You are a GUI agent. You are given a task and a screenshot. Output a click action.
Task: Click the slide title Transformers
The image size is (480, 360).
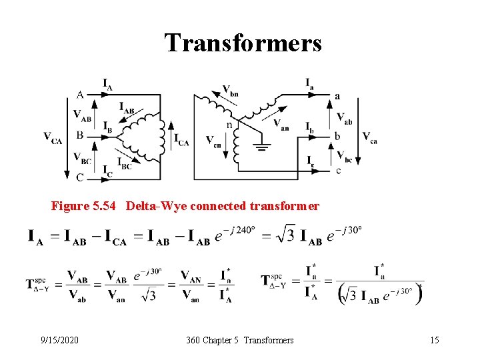click(x=243, y=43)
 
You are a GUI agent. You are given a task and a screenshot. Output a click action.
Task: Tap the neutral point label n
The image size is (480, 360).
click(x=229, y=125)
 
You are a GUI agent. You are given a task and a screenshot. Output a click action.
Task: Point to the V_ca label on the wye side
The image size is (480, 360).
click(x=370, y=137)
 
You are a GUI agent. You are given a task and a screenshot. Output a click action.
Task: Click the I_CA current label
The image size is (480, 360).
click(x=181, y=139)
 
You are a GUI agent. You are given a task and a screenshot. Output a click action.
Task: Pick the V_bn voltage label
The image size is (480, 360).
click(x=230, y=90)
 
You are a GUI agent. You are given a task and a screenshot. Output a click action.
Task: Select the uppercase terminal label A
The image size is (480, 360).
click(x=80, y=95)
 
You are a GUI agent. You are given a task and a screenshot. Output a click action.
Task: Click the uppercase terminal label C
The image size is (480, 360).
click(x=80, y=177)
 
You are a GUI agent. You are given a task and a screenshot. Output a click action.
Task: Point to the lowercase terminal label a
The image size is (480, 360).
click(x=337, y=96)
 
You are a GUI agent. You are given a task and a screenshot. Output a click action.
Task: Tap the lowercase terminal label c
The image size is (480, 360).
click(x=338, y=171)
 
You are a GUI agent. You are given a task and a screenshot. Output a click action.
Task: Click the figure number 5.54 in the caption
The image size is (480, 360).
click(x=106, y=206)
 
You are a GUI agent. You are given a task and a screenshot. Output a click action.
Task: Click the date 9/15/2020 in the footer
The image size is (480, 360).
click(x=59, y=340)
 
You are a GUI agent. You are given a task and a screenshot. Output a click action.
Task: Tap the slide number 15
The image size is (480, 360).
click(x=435, y=340)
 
